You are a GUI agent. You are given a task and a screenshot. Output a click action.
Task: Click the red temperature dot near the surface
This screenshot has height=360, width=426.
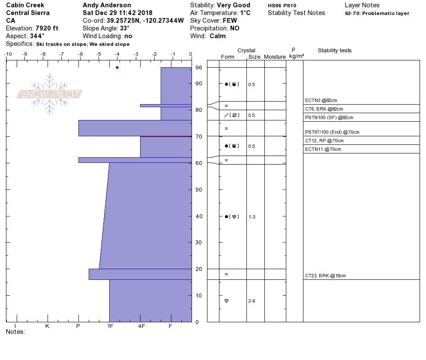click(117, 67)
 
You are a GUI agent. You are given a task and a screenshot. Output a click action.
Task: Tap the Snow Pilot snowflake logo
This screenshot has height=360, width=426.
click(49, 94)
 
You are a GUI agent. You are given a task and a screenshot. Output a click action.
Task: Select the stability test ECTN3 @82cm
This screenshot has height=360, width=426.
click(321, 100)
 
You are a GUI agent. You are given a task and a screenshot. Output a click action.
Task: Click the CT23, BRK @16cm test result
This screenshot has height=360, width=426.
click(325, 276)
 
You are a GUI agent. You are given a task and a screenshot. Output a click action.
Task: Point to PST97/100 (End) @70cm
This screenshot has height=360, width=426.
click(332, 132)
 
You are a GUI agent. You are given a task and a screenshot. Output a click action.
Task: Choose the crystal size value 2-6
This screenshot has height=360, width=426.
click(252, 301)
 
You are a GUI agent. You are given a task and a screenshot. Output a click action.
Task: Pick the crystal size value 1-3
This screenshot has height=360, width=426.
click(252, 217)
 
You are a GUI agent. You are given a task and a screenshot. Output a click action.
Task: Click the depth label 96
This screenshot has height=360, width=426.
click(199, 67)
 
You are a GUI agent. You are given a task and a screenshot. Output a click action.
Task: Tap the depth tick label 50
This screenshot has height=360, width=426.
click(199, 190)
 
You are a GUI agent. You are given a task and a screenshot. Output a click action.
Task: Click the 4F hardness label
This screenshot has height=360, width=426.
click(141, 326)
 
